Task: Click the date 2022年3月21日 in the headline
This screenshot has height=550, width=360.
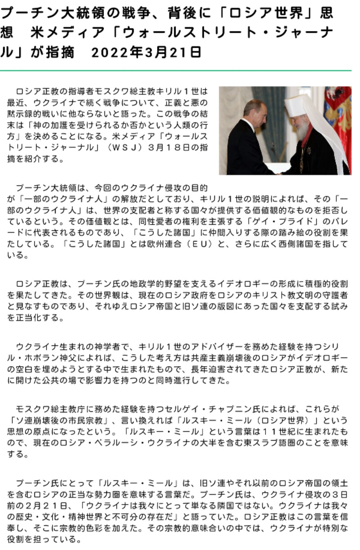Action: pyautogui.click(x=146, y=53)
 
